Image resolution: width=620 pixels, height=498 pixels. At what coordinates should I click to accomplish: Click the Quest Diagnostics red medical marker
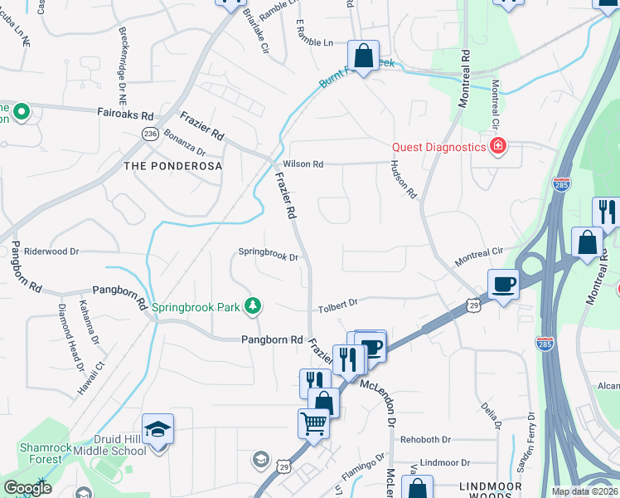(498, 147)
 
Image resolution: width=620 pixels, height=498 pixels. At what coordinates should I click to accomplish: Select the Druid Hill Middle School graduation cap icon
(157, 429)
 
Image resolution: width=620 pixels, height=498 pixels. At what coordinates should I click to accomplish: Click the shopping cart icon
(313, 423)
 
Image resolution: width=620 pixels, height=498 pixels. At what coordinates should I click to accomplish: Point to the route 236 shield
(150, 133)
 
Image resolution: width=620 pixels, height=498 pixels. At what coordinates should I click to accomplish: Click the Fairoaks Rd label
(126, 115)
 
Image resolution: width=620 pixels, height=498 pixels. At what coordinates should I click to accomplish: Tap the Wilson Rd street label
(303, 164)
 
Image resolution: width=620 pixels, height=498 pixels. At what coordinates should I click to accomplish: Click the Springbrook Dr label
(268, 257)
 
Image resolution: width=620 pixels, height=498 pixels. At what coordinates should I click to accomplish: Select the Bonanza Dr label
(184, 142)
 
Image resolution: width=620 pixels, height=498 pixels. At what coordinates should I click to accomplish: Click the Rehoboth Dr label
(425, 439)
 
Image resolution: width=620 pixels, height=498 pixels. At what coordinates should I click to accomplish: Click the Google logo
(27, 488)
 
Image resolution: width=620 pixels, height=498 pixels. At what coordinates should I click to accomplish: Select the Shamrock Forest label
(41, 452)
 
